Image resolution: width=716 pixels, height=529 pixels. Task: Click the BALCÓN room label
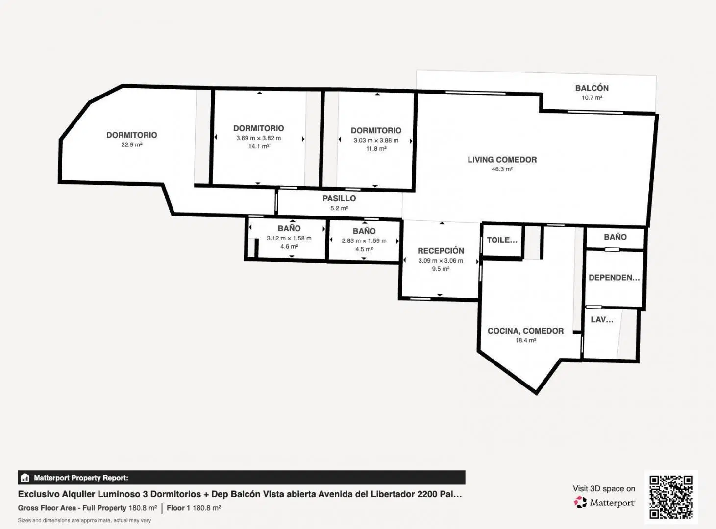[x=592, y=88]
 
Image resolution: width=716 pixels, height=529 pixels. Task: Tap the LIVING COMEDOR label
[x=502, y=160]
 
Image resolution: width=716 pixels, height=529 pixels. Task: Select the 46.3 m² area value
[x=502, y=169]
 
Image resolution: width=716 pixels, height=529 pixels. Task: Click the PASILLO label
[x=339, y=198]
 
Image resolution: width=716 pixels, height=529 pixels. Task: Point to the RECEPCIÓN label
[x=441, y=250]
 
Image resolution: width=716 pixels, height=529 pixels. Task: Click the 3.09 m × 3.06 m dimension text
[x=441, y=261]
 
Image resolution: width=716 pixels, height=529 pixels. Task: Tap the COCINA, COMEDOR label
[x=525, y=331]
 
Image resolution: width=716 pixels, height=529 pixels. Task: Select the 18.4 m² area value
[x=525, y=340]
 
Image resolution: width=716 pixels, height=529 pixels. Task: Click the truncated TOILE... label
[x=502, y=240]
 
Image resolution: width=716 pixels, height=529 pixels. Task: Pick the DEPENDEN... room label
[x=614, y=278]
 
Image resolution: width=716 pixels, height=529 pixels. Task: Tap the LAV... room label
[x=602, y=319]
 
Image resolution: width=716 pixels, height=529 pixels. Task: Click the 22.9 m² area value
[x=132, y=144]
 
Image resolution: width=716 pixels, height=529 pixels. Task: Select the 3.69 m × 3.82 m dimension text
[x=259, y=138]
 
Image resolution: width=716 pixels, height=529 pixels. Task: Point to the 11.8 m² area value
[x=376, y=149]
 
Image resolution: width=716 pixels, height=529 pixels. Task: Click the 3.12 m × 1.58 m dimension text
[x=289, y=238]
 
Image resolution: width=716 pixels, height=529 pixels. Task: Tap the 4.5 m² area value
[x=364, y=249]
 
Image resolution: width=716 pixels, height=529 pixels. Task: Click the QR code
[x=671, y=497]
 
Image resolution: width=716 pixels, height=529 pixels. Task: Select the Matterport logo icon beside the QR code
[x=580, y=502]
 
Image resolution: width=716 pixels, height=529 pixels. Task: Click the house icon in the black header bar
[x=25, y=478]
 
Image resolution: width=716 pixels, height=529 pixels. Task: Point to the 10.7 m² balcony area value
[x=592, y=98]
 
